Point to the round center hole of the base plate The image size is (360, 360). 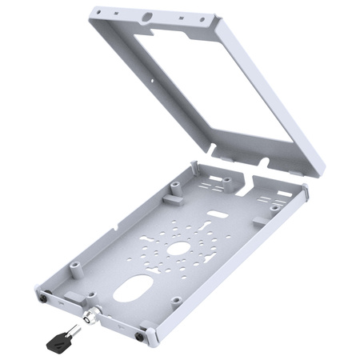pos(177,248)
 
